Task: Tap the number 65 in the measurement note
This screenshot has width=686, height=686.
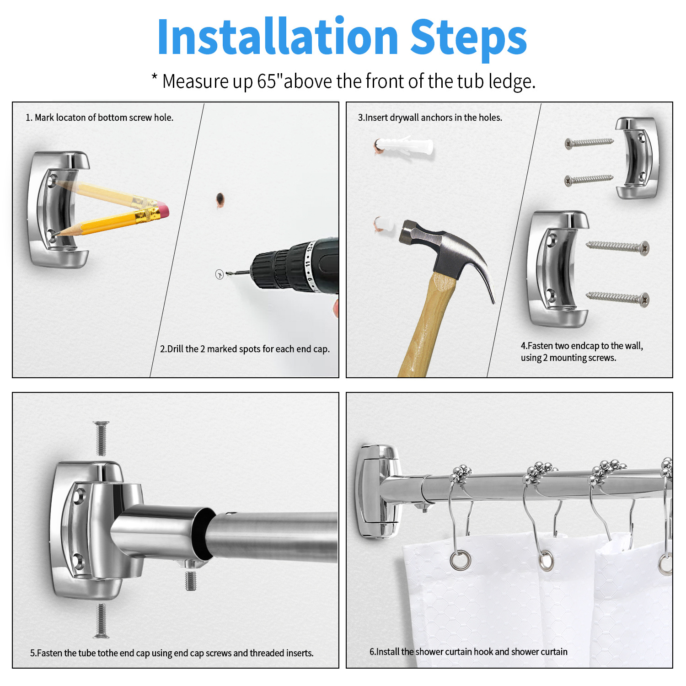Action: tap(267, 81)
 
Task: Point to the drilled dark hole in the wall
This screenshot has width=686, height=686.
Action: tap(220, 199)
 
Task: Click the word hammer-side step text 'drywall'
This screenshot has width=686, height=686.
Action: tap(404, 118)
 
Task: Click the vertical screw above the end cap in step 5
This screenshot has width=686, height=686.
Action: tap(101, 438)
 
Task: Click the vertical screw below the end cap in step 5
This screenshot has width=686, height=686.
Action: tap(101, 621)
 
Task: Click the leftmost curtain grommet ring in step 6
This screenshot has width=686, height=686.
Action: tap(460, 560)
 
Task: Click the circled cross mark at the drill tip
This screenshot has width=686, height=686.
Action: tap(220, 274)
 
